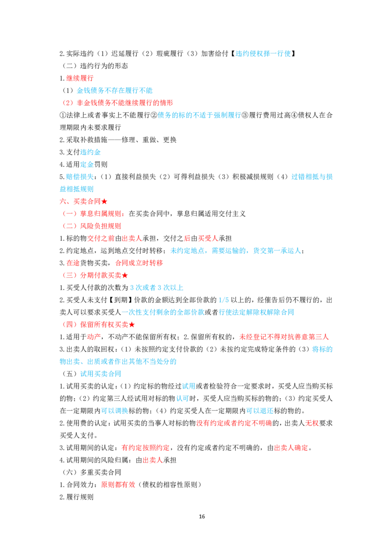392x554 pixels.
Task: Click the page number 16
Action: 202,516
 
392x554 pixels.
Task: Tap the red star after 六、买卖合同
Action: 104,202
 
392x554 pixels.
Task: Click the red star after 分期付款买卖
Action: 125,275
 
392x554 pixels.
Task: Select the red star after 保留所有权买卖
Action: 132,324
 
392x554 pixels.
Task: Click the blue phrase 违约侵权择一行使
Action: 263,53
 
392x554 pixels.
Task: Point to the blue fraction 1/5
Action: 223,300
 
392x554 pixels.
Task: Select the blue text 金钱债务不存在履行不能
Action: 115,91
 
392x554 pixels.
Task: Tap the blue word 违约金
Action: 91,152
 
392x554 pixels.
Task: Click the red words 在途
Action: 73,263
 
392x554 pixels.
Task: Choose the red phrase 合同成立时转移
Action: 139,263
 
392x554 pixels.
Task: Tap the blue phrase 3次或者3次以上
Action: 157,288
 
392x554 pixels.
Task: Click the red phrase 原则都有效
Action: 118,485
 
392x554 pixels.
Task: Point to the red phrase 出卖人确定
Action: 291,448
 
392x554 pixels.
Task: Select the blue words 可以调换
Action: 115,411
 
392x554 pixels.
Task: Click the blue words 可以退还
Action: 260,411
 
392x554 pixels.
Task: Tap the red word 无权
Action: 312,423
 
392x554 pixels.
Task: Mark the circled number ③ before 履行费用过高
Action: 245,115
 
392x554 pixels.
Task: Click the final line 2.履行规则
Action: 76,497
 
